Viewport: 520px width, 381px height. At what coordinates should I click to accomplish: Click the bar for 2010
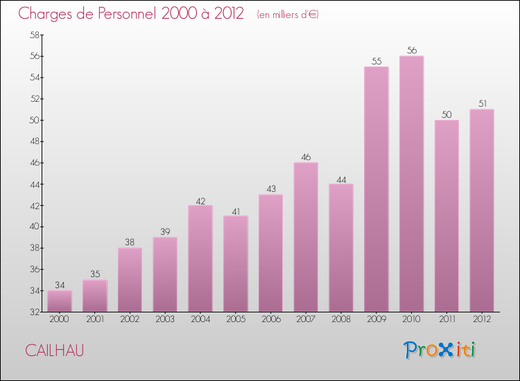click(x=412, y=184)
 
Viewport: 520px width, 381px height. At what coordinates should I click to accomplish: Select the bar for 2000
click(x=60, y=301)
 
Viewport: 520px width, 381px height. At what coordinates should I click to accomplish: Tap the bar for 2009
click(x=376, y=189)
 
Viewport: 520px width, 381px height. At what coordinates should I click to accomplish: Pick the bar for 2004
click(x=200, y=258)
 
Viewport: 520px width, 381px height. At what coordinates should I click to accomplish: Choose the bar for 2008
click(x=341, y=247)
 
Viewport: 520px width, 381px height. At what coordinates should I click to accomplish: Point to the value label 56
click(x=412, y=51)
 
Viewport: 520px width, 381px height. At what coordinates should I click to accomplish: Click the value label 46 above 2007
click(x=306, y=157)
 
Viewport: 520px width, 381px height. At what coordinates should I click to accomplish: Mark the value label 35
click(x=95, y=274)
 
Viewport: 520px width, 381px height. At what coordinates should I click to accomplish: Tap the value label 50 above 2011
click(x=447, y=114)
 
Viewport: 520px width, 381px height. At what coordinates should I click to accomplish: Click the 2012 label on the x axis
click(x=482, y=320)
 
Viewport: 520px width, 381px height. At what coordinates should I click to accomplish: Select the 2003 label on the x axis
click(x=165, y=320)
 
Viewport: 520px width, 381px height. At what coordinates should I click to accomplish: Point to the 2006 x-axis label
click(x=270, y=320)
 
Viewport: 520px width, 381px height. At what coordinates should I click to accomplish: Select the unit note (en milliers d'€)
click(x=287, y=15)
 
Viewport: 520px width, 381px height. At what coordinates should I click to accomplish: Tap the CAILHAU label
click(x=55, y=351)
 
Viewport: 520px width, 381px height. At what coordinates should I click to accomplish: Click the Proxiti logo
click(x=440, y=350)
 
